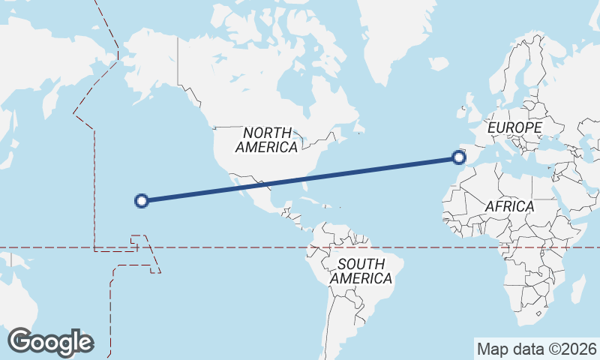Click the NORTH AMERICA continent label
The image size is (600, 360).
click(266, 139)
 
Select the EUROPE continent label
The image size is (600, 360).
click(514, 128)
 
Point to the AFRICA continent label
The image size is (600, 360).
click(509, 205)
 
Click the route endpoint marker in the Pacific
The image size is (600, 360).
click(141, 200)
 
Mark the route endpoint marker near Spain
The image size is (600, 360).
click(459, 157)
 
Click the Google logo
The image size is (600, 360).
click(50, 342)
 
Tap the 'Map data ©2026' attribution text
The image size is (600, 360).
click(537, 349)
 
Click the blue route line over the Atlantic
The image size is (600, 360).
click(375, 169)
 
